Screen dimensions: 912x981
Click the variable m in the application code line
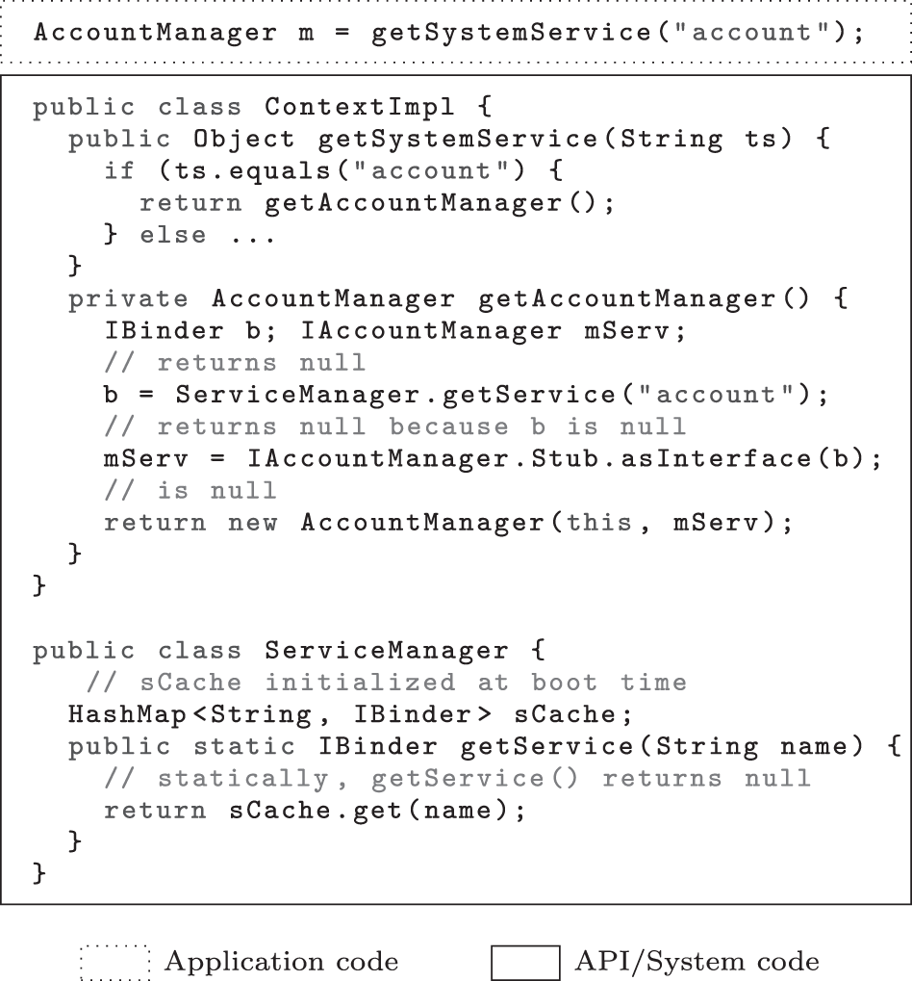306,33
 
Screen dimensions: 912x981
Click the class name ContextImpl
360,107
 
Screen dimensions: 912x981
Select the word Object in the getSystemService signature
243,139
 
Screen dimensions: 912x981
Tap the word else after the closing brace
172,235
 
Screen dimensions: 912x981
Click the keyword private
128,299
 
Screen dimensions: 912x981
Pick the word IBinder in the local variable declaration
164,330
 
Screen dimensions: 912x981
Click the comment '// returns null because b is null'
395,426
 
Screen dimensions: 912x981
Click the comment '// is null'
190,491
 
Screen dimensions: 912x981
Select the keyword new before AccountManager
253,523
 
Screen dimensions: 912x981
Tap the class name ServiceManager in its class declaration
387,651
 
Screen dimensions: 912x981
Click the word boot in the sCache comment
565,683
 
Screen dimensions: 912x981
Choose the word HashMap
128,714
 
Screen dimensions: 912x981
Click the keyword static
243,746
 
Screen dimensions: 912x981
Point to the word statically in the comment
242,779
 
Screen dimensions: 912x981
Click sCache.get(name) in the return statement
377,811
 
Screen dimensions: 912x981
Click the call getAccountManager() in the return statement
440,203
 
